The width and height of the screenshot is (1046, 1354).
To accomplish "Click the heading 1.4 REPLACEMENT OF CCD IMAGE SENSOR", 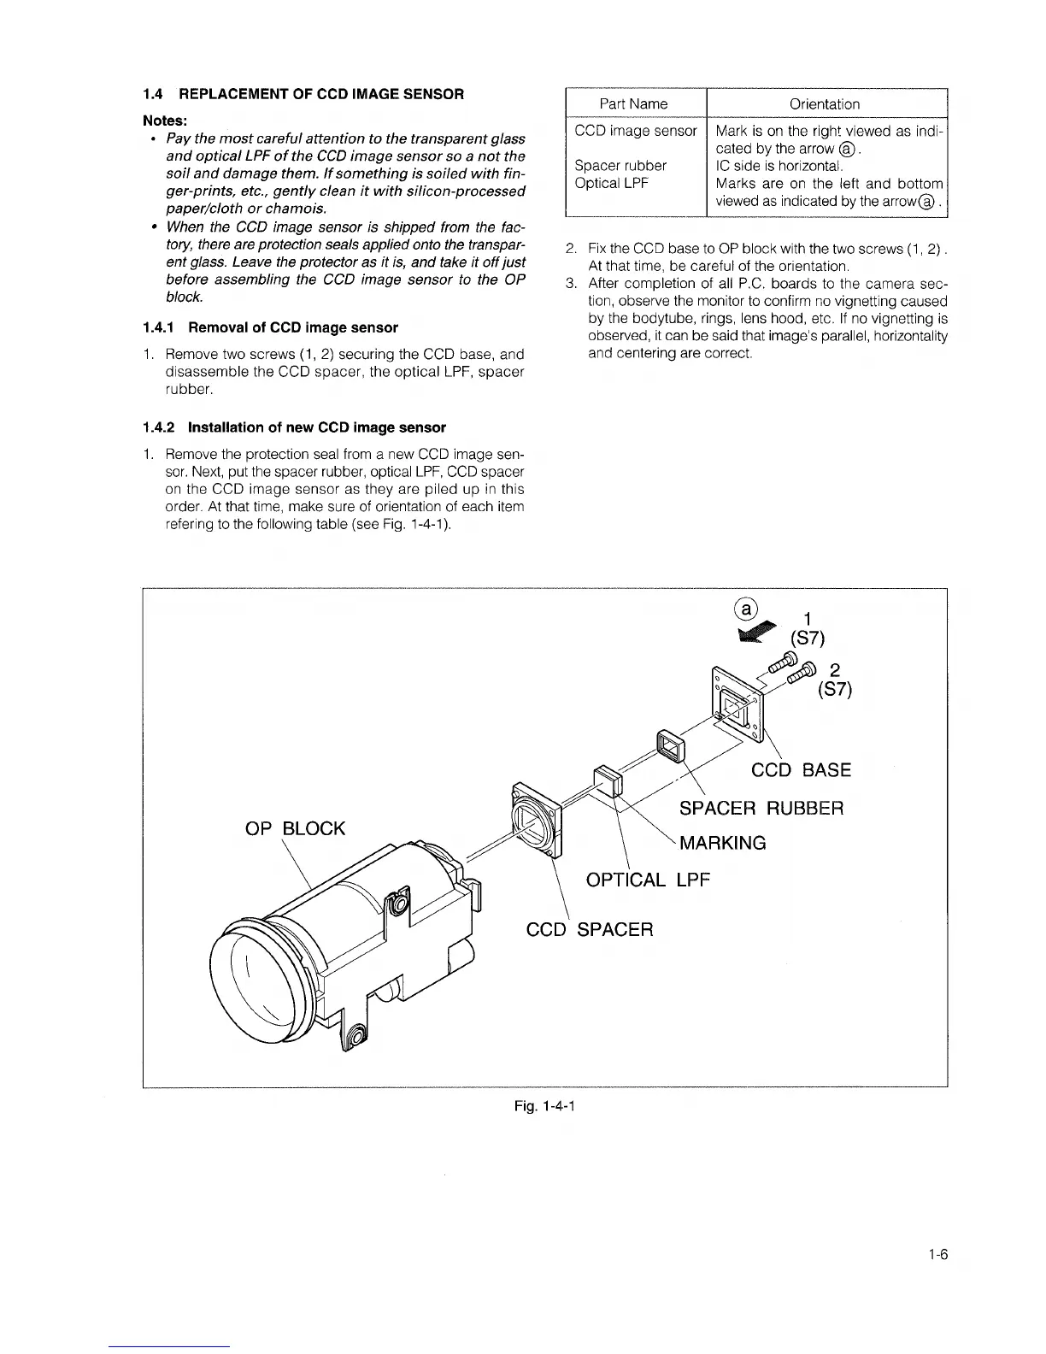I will tap(303, 94).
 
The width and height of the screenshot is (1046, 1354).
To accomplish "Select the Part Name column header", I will tap(633, 104).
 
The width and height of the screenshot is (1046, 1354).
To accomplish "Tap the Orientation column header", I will tap(825, 104).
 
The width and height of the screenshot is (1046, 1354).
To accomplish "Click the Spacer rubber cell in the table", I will tap(620, 165).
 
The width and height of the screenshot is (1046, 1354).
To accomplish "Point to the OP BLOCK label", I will tap(295, 828).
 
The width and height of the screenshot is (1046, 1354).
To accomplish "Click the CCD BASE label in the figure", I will tap(801, 770).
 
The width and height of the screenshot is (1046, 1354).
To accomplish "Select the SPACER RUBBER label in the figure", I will tap(761, 808).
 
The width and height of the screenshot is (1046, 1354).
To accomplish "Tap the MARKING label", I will tap(723, 844).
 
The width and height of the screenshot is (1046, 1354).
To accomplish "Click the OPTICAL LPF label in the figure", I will tap(648, 880).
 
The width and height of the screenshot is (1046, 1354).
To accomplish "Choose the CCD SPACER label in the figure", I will tap(589, 929).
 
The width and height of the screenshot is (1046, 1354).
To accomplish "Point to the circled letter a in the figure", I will tap(746, 609).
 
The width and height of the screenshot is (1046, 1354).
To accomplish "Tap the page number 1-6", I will tap(939, 1255).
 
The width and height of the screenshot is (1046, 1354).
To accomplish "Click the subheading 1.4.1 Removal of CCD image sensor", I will tap(271, 327).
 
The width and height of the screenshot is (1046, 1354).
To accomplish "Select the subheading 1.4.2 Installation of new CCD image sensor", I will tap(295, 427).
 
